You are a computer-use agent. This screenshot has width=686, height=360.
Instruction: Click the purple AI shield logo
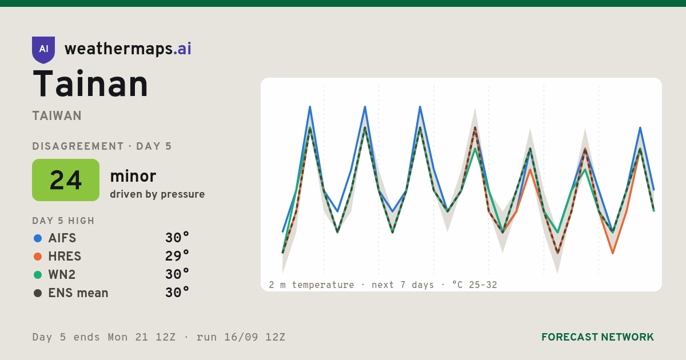43,50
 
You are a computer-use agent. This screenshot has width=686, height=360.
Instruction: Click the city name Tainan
90,83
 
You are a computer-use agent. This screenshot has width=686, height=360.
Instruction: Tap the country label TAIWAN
57,116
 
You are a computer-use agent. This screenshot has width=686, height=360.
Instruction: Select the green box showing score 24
66,180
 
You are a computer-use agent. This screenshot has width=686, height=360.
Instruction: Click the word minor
133,176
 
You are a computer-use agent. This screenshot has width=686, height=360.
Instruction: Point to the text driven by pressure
157,194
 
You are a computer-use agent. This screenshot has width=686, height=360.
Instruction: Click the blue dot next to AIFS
38,238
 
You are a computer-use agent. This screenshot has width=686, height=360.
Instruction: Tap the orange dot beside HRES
38,257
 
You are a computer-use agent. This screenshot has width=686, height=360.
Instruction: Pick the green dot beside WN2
38,275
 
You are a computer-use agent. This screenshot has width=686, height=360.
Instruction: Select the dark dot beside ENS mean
38,293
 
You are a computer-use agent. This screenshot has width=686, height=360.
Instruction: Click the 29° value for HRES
177,256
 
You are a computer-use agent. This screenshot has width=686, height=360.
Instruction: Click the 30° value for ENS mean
177,293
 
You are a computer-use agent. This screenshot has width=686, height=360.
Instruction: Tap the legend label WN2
62,275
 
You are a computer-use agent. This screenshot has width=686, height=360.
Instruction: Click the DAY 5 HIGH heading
63,221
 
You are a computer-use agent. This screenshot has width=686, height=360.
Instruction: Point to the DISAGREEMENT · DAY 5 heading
102,146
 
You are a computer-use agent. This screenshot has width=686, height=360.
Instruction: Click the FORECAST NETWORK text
597,337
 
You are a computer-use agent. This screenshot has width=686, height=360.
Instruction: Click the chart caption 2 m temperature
312,285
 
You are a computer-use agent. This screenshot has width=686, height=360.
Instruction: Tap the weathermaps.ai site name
128,49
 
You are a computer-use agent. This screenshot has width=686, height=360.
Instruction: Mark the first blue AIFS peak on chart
310,107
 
